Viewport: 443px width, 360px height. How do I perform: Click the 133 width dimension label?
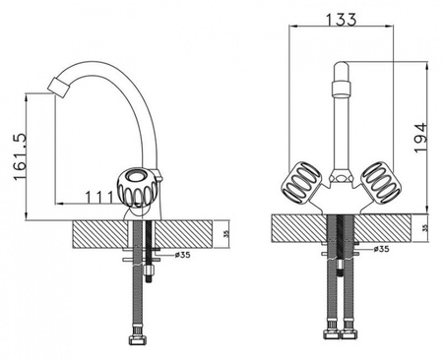tap(342, 20)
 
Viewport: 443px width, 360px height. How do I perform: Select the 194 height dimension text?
tap(420, 138)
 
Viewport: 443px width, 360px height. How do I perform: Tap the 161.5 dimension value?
tap(20, 156)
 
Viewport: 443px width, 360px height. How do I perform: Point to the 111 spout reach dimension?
tap(98, 198)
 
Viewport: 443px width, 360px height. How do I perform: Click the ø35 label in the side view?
tap(183, 255)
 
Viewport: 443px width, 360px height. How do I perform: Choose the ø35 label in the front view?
tap(381, 249)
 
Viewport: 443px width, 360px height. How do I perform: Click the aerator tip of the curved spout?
tap(59, 88)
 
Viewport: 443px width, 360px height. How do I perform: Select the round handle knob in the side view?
tap(138, 188)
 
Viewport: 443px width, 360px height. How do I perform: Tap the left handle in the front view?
tap(302, 182)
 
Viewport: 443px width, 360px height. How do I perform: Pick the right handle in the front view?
tap(381, 182)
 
